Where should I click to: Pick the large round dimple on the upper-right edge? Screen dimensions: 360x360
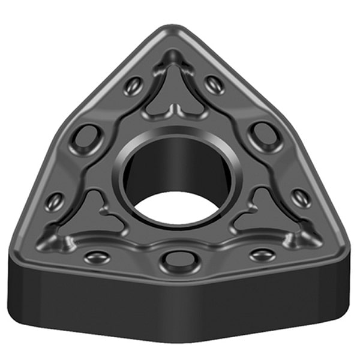[265, 136]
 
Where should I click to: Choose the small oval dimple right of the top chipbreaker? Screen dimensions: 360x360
[214, 84]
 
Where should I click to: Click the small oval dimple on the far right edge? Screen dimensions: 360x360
[301, 198]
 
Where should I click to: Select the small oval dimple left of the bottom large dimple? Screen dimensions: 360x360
[97, 257]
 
